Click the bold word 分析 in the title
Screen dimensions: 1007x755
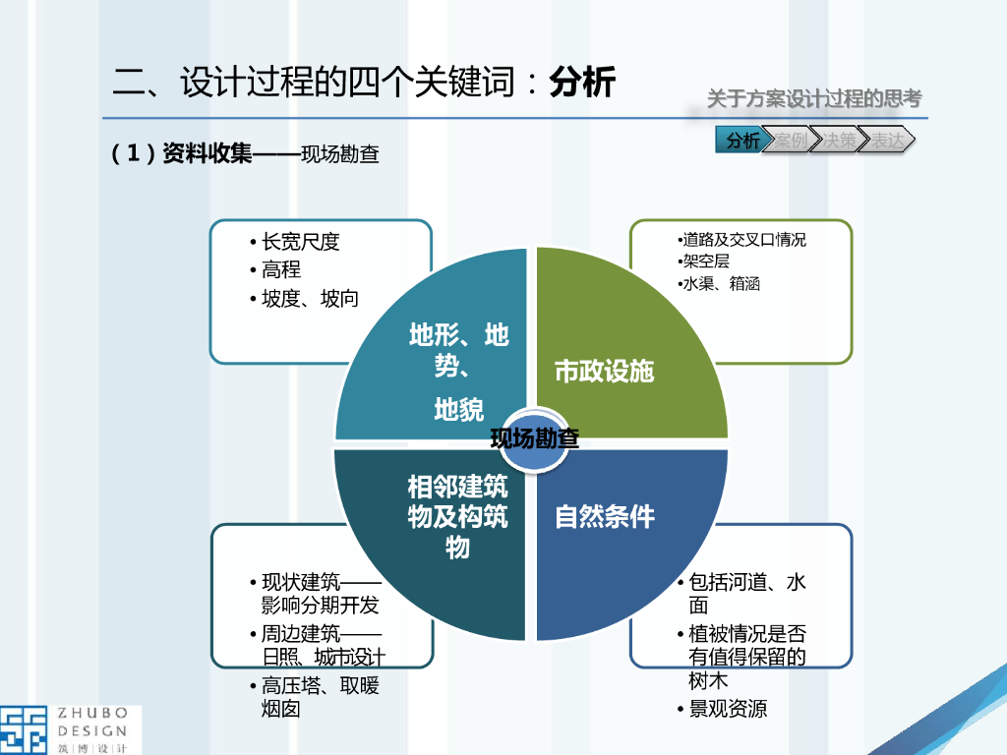[x=582, y=83]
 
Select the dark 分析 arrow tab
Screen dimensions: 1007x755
[x=742, y=141]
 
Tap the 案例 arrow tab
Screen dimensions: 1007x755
[x=790, y=141]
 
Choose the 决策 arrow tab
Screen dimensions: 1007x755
[x=839, y=141]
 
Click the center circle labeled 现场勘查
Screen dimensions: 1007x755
[x=534, y=439]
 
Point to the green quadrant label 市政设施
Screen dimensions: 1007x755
[x=604, y=372]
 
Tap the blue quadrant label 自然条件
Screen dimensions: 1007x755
[x=605, y=516]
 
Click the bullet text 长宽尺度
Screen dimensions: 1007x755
[x=300, y=242]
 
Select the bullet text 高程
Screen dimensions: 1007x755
[x=281, y=269]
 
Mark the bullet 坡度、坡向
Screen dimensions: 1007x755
[x=310, y=299]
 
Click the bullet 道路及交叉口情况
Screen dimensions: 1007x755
[x=744, y=240]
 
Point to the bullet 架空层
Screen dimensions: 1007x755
[x=706, y=261]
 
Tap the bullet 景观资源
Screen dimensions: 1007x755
[x=728, y=709]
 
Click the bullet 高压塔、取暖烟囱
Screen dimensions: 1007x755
[x=320, y=697]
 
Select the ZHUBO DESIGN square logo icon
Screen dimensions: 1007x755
[x=25, y=729]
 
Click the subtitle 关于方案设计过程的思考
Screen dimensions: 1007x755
[x=814, y=99]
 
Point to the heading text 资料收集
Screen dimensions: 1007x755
[x=207, y=154]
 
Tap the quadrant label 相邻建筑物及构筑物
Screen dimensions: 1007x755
[x=458, y=516]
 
